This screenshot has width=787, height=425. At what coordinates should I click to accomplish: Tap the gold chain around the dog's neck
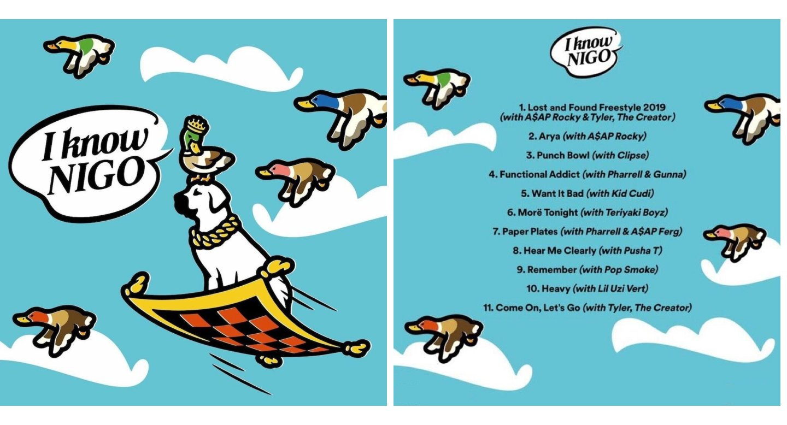[x=215, y=234]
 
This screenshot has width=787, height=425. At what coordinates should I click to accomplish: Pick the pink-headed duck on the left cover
[x=296, y=180]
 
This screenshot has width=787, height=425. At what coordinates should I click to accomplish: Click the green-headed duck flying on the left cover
[x=79, y=55]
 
